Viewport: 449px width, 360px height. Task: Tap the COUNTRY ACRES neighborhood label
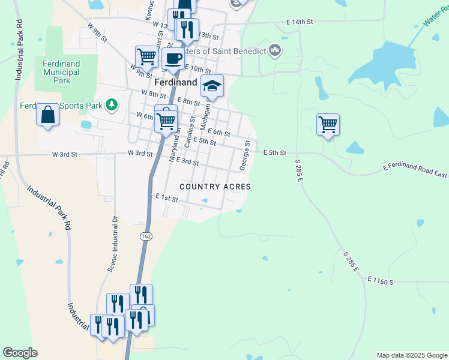pyautogui.click(x=215, y=187)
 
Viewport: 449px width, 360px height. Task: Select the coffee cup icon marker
pyautogui.click(x=173, y=59)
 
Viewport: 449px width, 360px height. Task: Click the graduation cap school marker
pyautogui.click(x=212, y=86)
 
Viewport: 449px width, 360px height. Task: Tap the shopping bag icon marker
pyautogui.click(x=47, y=114)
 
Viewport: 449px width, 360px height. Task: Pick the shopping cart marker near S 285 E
pyautogui.click(x=328, y=125)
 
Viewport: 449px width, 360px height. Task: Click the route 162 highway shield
pyautogui.click(x=145, y=236)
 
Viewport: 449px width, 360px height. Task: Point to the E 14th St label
pyautogui.click(x=300, y=22)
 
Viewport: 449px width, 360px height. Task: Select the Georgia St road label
pyautogui.click(x=245, y=155)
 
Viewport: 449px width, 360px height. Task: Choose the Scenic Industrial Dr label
pyautogui.click(x=112, y=244)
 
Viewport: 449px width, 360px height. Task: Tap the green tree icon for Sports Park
pyautogui.click(x=111, y=106)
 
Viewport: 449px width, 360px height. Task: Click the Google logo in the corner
pyautogui.click(x=20, y=353)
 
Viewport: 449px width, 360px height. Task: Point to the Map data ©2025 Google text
pyautogui.click(x=412, y=355)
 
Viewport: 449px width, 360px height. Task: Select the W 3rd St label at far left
pyautogui.click(x=65, y=154)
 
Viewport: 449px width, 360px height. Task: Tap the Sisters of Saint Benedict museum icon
pyautogui.click(x=276, y=50)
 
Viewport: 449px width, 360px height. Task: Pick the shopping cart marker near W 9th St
pyautogui.click(x=146, y=58)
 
